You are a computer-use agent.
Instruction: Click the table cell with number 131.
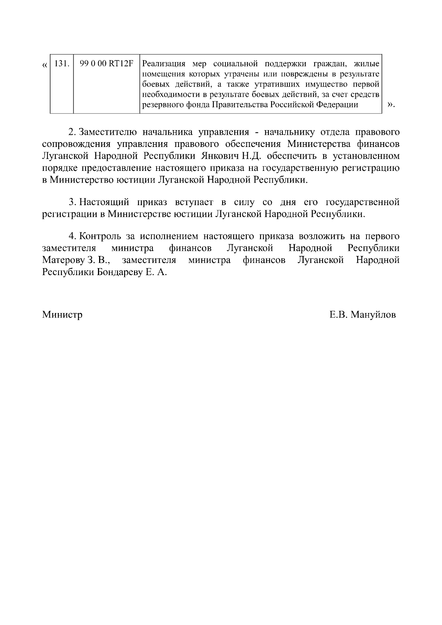pyautogui.click(x=62, y=63)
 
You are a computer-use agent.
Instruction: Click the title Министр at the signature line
pyautogui.click(x=62, y=315)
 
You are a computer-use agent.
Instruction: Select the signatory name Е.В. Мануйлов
pyautogui.click(x=363, y=315)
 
